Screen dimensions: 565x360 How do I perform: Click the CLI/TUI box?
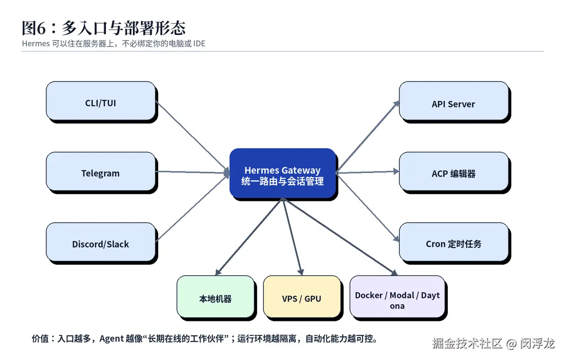pos(101,101)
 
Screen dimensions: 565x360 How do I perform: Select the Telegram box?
pos(101,172)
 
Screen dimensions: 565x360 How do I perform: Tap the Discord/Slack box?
pos(101,242)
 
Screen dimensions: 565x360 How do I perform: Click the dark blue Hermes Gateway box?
pos(282,174)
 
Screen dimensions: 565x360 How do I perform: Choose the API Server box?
pos(454,101)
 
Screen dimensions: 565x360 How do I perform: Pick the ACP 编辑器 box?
pos(454,172)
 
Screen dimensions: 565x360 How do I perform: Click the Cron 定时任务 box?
pos(454,242)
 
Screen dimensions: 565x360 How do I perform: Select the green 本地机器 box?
pos(216,297)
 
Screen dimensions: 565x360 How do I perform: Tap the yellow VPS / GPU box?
pos(302,297)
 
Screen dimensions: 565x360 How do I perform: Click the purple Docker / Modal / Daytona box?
pos(397,297)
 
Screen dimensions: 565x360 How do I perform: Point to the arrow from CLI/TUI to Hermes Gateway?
pos(192,136)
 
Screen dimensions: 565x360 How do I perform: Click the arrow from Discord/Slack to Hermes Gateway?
pos(192,208)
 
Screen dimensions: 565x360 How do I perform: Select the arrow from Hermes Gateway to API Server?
pos(368,136)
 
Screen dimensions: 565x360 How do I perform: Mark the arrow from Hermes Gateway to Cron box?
pos(368,207)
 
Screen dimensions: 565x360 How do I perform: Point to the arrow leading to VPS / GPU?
pos(292,237)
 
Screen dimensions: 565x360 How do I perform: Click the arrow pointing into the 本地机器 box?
pos(249,237)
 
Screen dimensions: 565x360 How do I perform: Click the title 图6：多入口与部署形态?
pos(104,28)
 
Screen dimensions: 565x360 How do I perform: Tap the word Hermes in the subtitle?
pos(36,44)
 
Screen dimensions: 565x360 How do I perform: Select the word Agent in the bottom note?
pos(112,339)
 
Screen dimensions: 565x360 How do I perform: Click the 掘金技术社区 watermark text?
pos(467,344)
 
